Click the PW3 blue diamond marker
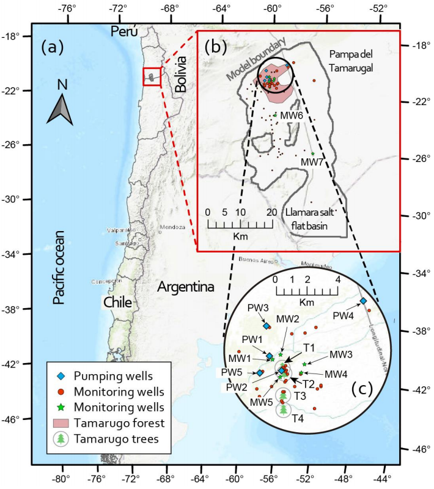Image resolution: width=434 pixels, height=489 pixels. pos(267,326)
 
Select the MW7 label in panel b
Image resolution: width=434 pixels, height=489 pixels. pos(312,162)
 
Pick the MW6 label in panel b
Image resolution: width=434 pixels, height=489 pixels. pos(292,115)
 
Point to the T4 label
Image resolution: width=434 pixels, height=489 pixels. pos(297,419)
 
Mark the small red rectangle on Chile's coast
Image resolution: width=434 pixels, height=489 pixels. pos(152,76)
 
